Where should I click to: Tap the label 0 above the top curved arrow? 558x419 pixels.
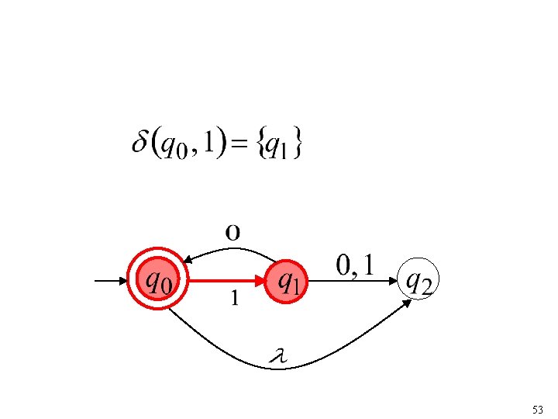pos(233,231)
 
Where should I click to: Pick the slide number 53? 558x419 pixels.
pos(538,408)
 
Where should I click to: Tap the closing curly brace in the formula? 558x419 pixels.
pos(298,146)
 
